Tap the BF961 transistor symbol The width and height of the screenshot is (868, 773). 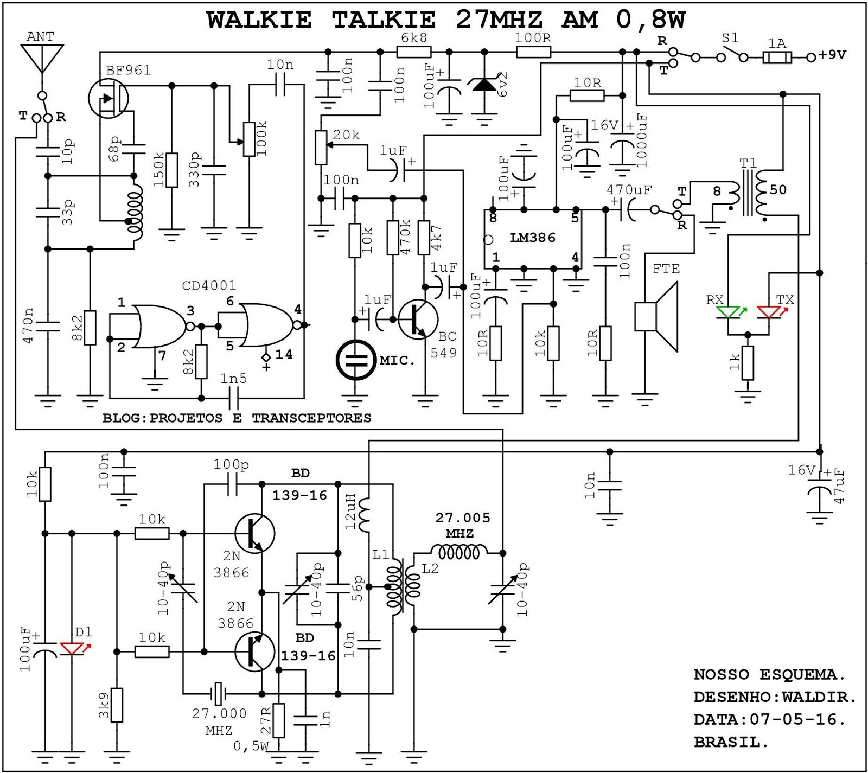108,98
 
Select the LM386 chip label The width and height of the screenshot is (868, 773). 533,238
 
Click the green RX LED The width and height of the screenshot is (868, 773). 728,312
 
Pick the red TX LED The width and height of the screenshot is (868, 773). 769,312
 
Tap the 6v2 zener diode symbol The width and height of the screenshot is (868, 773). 484,85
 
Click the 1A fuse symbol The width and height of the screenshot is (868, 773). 777,57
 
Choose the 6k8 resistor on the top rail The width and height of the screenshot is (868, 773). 414,52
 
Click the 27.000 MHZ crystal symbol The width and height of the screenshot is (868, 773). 218,693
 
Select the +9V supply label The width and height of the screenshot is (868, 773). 833,55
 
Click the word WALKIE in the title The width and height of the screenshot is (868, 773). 259,20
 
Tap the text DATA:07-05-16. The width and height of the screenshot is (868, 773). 769,719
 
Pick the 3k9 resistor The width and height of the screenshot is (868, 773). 117,705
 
